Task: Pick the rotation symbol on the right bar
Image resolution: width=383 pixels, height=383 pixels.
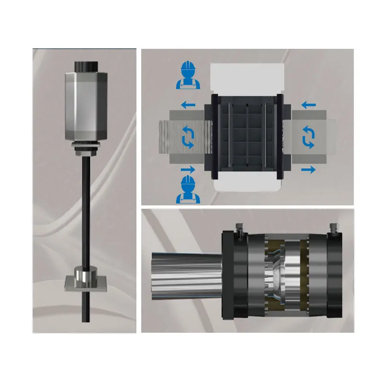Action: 309,138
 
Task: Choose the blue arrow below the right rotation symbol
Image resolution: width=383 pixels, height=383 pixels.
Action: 309,169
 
